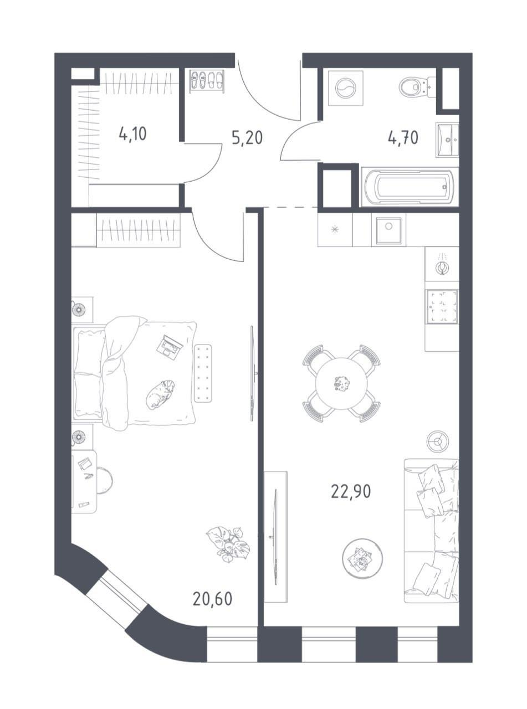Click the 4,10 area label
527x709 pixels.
132,133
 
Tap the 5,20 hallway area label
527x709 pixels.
247,138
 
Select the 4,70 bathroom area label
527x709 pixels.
403,138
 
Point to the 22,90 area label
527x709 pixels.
351,492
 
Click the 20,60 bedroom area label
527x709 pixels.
212,599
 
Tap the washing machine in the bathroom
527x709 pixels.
346,89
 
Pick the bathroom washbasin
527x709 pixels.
447,140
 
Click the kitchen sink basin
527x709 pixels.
389,230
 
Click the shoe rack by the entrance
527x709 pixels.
206,81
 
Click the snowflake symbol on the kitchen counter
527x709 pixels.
335,229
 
